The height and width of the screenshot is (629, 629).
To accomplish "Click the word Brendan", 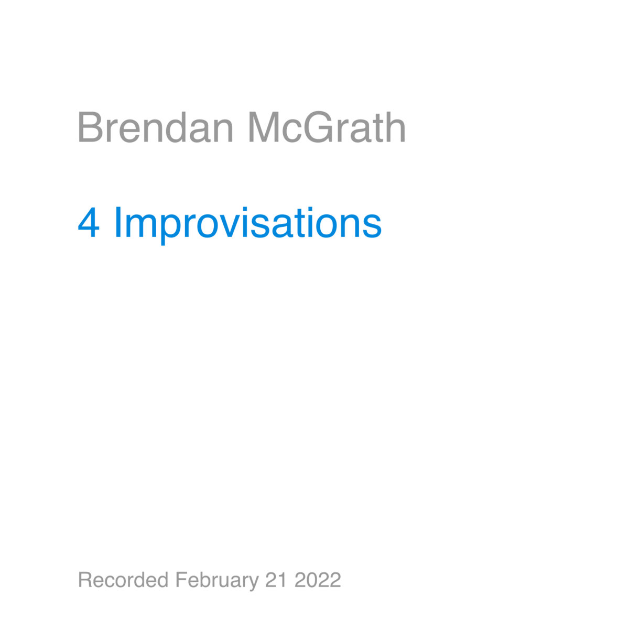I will pos(155,127).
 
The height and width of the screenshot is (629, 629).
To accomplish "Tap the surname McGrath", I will pos(326,127).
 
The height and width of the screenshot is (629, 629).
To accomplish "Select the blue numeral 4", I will pos(89,223).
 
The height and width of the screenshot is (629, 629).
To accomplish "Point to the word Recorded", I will pos(123,580).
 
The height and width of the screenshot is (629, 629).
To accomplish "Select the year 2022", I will pos(318,580).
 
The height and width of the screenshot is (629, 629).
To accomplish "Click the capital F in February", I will pos(180,580).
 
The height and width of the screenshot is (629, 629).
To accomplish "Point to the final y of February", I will pos(254,583).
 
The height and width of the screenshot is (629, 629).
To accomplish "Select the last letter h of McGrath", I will pos(396,127).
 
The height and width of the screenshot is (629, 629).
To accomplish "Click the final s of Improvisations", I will pos(374,227).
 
